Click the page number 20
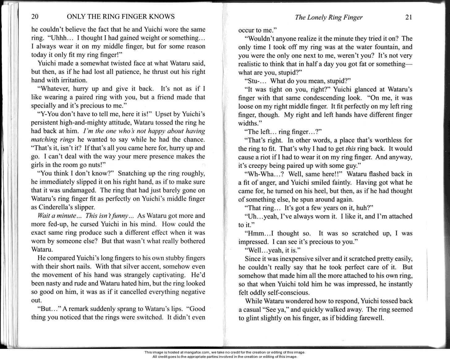pyautogui.click(x=35, y=16)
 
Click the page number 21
pyautogui.click(x=408, y=17)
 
